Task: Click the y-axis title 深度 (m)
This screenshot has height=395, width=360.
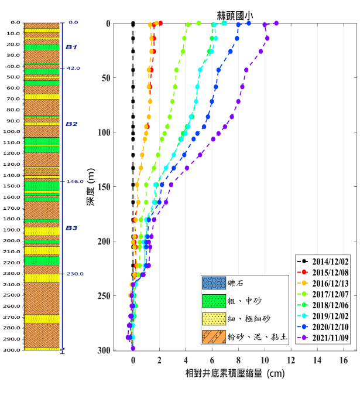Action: [x=91, y=186]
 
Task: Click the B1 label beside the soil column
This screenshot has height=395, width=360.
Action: [x=71, y=47]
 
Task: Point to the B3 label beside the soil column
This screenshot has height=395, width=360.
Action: [x=71, y=228]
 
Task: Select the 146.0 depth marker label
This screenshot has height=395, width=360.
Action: [x=74, y=182]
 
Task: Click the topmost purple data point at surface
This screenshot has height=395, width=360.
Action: [x=276, y=23]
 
